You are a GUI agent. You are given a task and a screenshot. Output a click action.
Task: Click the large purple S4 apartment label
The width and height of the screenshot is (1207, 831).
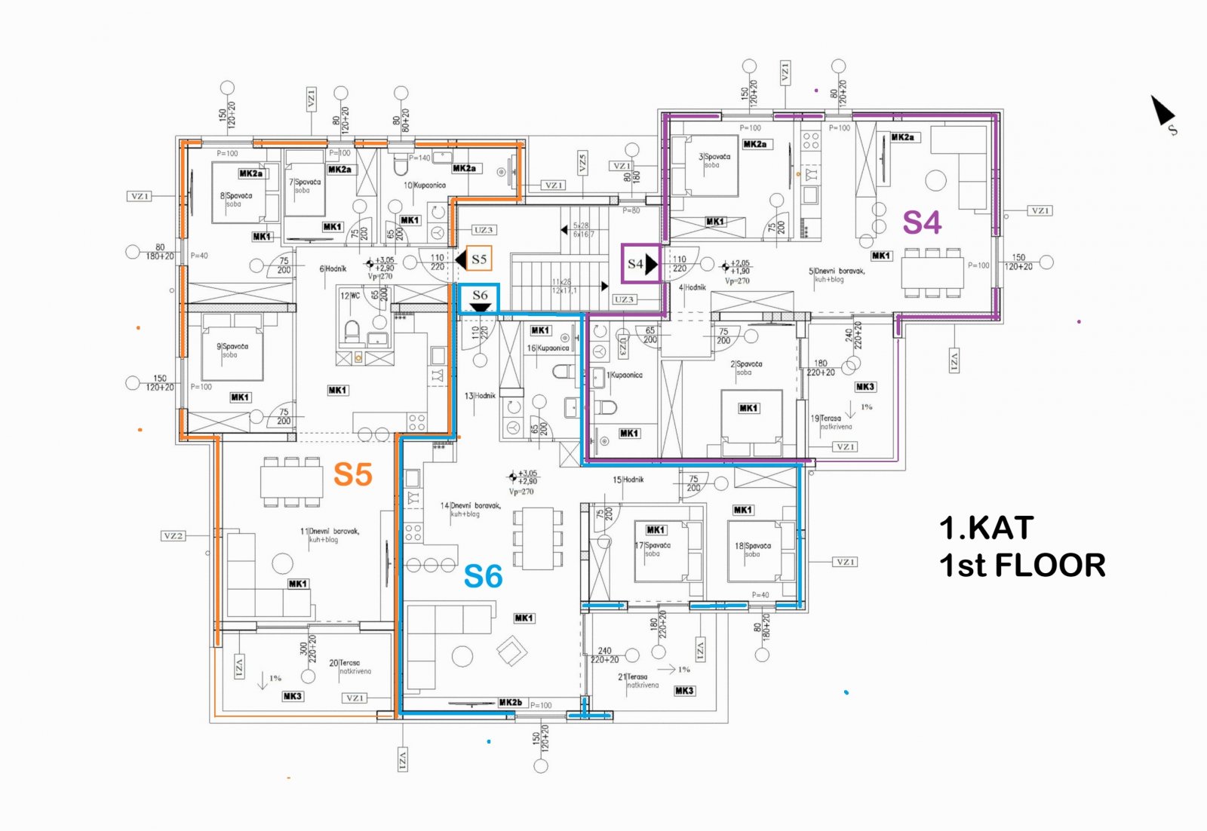coord(922,222)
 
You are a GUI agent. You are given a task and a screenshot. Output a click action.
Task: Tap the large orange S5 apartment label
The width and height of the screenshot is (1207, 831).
coord(353,474)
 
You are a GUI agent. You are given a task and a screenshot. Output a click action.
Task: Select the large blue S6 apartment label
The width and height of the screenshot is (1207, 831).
coord(483,577)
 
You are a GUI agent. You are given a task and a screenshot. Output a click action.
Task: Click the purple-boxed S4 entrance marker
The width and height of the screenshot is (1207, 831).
coord(640,264)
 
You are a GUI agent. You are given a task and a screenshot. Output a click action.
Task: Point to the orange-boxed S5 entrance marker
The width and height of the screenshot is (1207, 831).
coord(478,259)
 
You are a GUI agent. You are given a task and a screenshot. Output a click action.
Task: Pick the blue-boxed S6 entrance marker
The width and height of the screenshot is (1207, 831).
coord(480,298)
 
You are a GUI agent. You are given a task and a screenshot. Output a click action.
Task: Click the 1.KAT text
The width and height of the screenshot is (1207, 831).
coord(986,528)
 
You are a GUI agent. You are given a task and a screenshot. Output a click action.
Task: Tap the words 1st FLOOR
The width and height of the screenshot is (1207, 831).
coord(1022,566)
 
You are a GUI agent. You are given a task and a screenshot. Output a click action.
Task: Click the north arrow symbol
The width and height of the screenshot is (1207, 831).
coord(1162,112)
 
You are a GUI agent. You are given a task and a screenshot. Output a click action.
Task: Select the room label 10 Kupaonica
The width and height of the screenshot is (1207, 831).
coord(425,185)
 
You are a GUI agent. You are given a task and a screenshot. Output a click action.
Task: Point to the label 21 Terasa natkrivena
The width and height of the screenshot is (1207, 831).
coord(638,681)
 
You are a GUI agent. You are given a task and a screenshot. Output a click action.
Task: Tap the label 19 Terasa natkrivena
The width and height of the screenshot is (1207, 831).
coord(831,422)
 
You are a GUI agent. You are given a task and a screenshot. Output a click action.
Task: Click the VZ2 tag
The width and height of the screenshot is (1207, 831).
coord(173,535)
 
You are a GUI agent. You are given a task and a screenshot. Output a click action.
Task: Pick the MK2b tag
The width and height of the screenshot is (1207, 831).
coord(510,702)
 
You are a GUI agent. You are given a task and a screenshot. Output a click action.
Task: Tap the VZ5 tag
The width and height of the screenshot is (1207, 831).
coord(582,163)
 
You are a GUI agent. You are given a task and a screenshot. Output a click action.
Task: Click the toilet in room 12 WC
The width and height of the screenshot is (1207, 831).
coord(351,330)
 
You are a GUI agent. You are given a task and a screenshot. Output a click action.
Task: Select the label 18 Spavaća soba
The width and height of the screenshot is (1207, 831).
coord(753,549)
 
